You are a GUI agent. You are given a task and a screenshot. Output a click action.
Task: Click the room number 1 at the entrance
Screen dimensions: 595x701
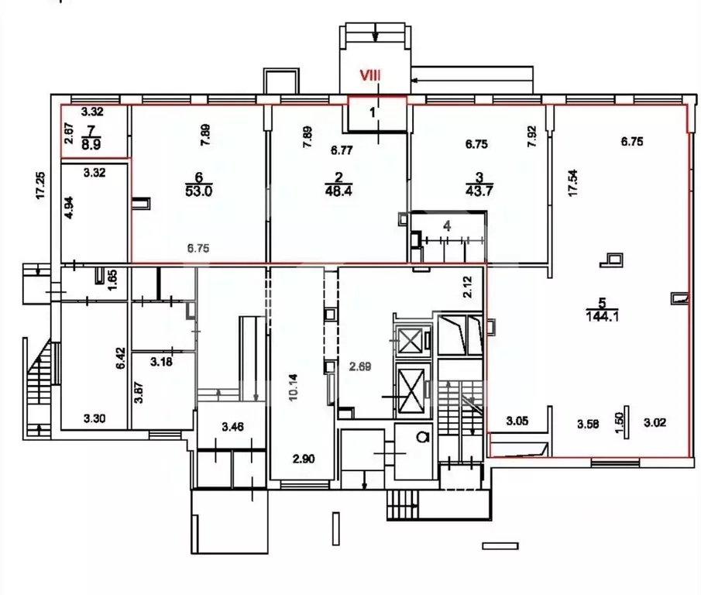click(x=373, y=112)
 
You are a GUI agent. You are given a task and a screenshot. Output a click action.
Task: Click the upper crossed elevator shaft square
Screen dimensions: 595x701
click(x=411, y=339)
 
